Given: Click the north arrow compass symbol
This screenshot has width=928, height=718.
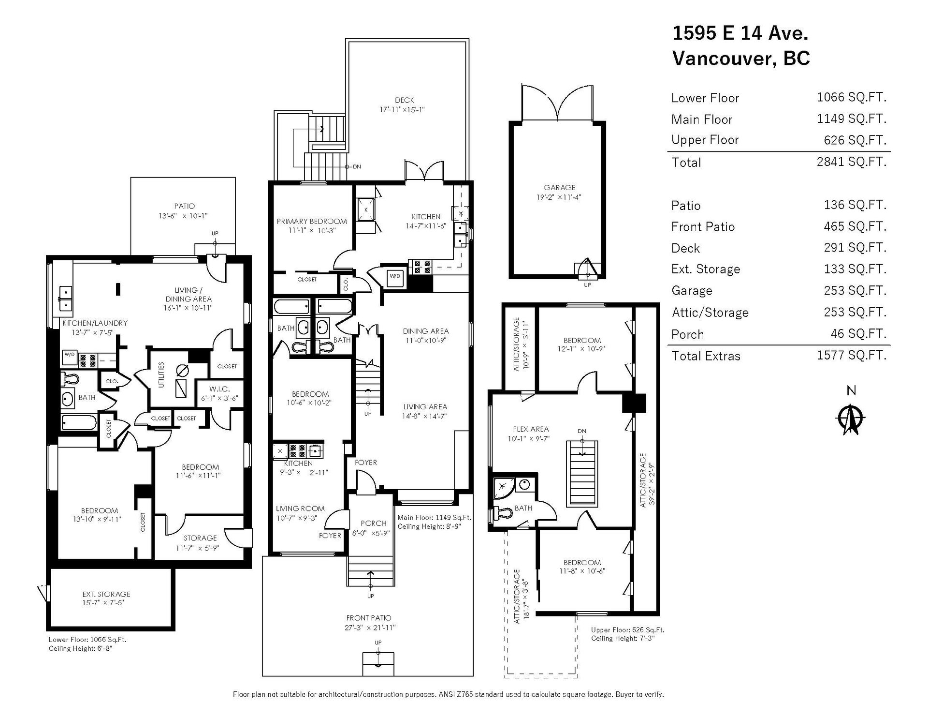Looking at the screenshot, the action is click(x=851, y=418).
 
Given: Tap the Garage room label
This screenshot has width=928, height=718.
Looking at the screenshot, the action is click(x=560, y=187).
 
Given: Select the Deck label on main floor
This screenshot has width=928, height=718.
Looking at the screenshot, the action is click(x=404, y=100).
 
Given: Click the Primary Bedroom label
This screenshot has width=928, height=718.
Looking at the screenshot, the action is click(x=312, y=221).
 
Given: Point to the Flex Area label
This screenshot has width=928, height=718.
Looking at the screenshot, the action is click(x=531, y=429).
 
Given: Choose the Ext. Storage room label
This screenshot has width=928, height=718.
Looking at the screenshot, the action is click(x=106, y=594).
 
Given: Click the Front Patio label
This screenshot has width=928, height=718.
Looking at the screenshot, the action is click(x=368, y=618).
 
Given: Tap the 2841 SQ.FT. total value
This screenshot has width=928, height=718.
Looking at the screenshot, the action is click(x=852, y=162).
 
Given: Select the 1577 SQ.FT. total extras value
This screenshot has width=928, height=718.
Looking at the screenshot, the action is click(x=852, y=355).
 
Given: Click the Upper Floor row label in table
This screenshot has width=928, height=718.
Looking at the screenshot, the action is click(x=705, y=140).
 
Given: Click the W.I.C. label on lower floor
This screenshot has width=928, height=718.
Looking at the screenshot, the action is click(x=219, y=389).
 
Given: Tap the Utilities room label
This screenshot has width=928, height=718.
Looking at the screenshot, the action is click(x=161, y=374).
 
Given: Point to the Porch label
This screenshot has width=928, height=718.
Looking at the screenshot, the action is click(x=374, y=523).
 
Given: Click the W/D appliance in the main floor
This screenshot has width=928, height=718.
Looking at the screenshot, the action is click(x=395, y=276).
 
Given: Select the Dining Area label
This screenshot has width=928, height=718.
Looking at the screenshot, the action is click(x=426, y=331).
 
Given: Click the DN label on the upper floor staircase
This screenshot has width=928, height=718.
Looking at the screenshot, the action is click(x=582, y=431).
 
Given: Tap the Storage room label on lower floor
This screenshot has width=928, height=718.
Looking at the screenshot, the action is click(x=200, y=538).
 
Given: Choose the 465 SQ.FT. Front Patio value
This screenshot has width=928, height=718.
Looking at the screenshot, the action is click(x=855, y=226).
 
